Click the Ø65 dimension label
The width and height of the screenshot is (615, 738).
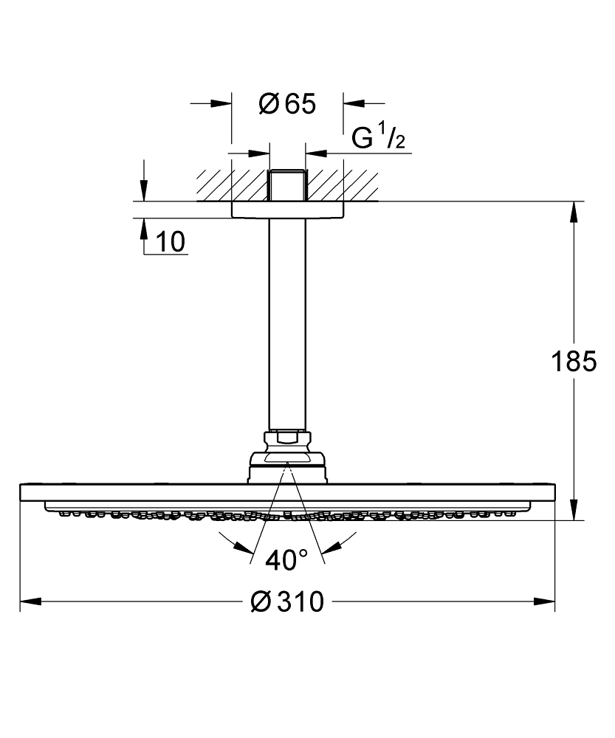(287, 105)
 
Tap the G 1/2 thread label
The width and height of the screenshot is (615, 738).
(378, 138)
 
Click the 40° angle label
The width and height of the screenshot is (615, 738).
(287, 562)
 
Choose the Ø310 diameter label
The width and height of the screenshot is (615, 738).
(287, 602)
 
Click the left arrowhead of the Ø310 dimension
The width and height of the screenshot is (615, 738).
(30, 602)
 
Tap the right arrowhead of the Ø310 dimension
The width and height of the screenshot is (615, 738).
(546, 602)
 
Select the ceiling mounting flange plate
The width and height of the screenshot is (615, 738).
(287, 210)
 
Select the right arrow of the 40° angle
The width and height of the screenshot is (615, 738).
(333, 547)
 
